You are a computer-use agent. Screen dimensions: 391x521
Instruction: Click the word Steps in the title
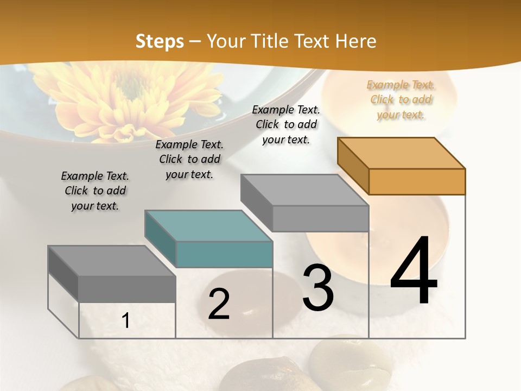point(160,41)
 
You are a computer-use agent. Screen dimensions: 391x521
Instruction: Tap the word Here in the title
point(356,41)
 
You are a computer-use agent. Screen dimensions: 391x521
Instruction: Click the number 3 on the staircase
point(318,287)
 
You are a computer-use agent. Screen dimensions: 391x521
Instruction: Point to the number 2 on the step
point(219,304)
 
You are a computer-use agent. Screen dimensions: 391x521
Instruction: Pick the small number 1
point(126,321)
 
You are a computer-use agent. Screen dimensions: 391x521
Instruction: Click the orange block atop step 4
point(402,166)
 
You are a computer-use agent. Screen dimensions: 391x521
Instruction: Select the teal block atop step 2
point(209,239)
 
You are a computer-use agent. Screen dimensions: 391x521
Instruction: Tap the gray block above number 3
point(305,203)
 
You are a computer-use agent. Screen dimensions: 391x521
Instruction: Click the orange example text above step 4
point(401,100)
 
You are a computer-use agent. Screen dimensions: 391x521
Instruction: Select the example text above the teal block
point(189,159)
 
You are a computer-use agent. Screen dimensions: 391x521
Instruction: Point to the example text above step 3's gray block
point(286,124)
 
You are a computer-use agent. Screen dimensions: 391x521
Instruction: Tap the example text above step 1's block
point(95,191)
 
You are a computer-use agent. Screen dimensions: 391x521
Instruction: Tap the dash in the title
point(195,41)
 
